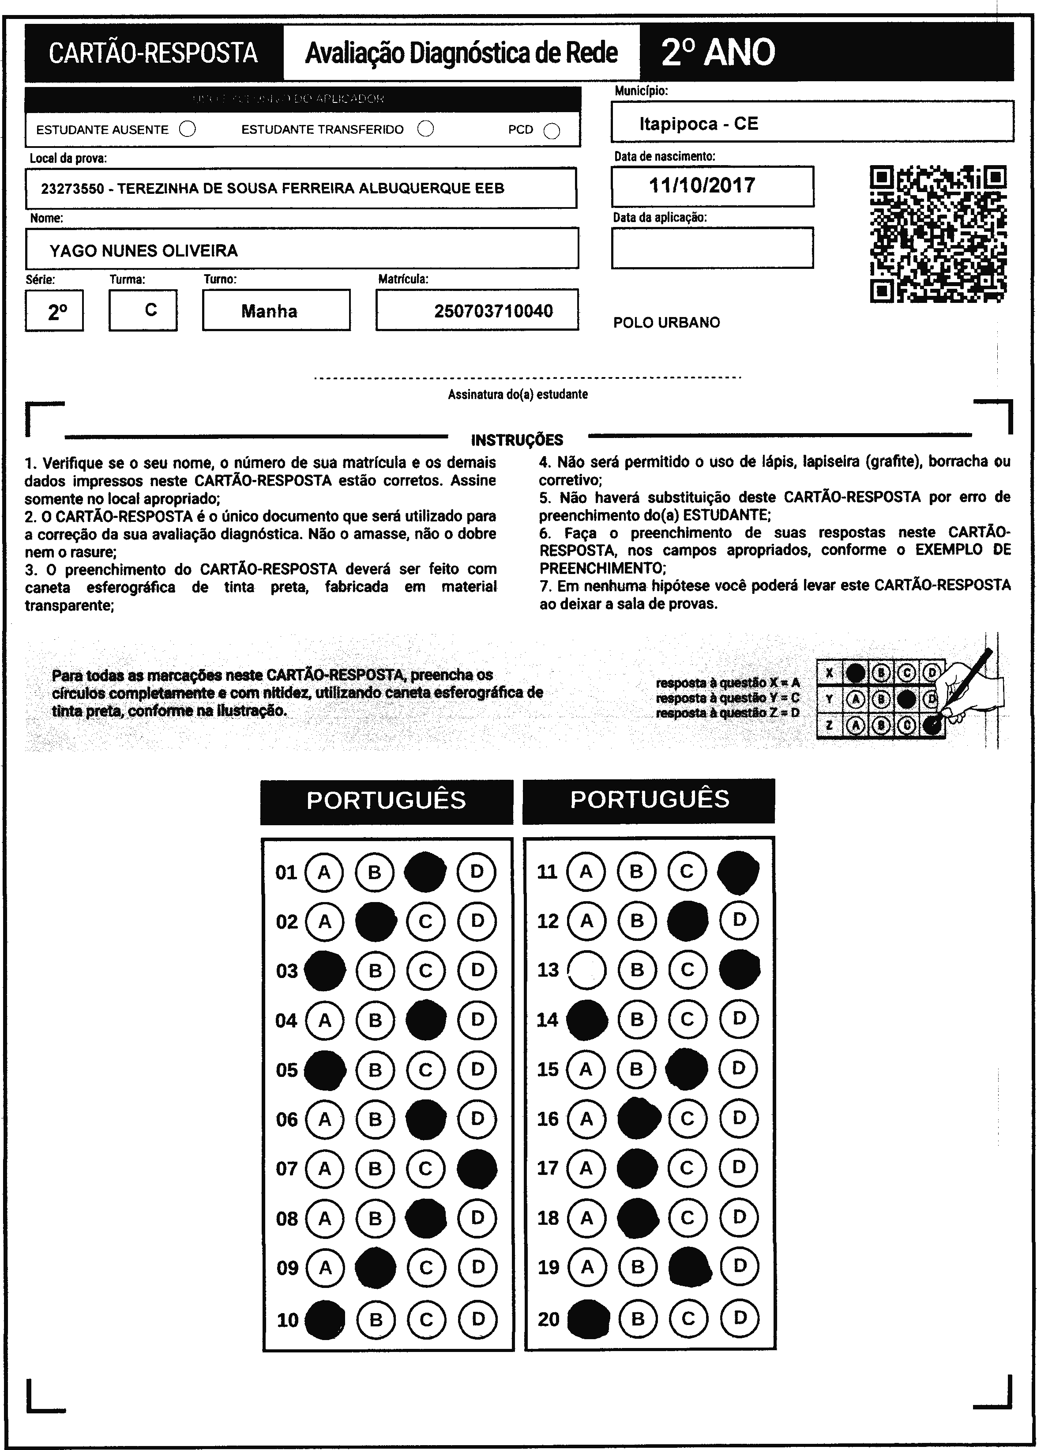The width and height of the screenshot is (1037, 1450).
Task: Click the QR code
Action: coord(938,234)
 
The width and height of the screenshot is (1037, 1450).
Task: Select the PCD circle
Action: coord(552,131)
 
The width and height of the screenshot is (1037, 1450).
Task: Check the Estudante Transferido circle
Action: coord(425,129)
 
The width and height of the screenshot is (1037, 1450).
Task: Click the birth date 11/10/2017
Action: coord(702,186)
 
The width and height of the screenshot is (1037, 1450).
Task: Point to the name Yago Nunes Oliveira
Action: coord(144,250)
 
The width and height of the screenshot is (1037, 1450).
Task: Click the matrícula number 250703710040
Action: coord(493,311)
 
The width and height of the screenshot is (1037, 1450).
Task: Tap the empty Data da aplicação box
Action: coord(712,248)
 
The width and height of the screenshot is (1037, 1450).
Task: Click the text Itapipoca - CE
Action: coord(699,124)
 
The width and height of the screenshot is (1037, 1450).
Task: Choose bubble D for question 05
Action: coord(477,1069)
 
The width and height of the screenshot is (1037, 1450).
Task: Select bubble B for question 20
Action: coord(637,1317)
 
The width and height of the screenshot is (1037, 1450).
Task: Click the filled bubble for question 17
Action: coord(637,1168)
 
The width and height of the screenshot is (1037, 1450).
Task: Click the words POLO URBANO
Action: coord(666,323)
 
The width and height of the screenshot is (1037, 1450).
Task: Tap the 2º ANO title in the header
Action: coord(718,53)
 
